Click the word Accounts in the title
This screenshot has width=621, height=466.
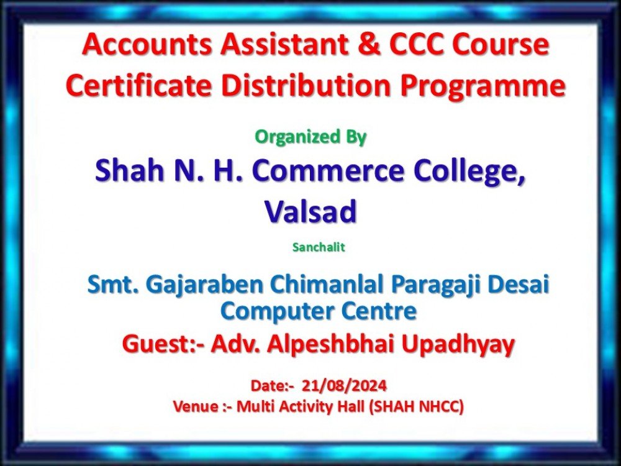[x=147, y=44]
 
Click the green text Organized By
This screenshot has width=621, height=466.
[x=310, y=137]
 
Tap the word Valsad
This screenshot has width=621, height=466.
[x=310, y=211]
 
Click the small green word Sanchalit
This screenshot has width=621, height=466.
[x=319, y=247]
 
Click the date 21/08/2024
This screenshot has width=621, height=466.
[x=344, y=386]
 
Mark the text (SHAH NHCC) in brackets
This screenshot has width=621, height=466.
[x=416, y=407]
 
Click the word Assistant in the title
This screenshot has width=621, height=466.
[x=285, y=44]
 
